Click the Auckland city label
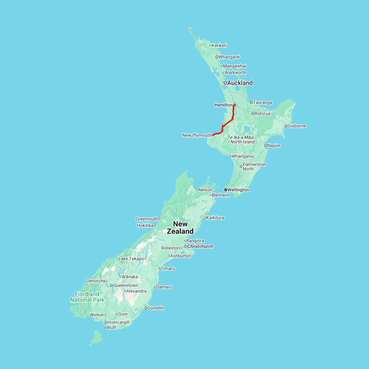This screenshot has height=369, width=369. pos(240,83)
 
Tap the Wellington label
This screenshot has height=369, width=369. pos(238,190)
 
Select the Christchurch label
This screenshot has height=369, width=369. pos(200,246)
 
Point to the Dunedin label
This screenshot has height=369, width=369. pos(156,308)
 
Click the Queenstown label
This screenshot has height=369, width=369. pos(125,285)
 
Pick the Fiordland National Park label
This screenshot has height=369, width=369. pos(87,297)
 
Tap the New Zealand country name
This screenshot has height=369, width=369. pos(180,228)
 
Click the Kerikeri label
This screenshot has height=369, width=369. pos(219,46)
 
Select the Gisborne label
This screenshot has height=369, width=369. pos(297,126)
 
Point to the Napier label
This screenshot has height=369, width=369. pos(274,146)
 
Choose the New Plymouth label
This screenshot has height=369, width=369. pos(197,135)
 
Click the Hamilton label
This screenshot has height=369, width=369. pos(223,105)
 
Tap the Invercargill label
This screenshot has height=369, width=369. pos(118,322)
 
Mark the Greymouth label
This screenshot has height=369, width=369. pos(147,219)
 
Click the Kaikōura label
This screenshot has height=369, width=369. pos(215,218)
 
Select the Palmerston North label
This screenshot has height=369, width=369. pos(254,166)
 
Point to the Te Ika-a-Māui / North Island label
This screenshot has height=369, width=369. pos(241,139)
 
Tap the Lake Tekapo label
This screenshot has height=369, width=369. pos(131,259)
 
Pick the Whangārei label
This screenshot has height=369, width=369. pos(229,57)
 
